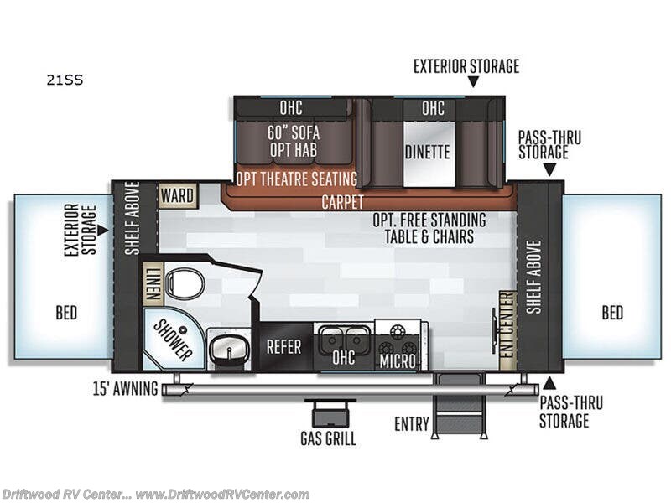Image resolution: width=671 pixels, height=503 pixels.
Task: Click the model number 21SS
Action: [x=65, y=81]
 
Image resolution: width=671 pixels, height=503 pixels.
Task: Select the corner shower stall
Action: [x=168, y=338]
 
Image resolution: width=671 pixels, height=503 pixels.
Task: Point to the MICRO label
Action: [x=397, y=361]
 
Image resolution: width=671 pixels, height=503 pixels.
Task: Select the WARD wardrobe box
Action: [x=177, y=196]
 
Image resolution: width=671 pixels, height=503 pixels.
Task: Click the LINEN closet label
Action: [x=153, y=283]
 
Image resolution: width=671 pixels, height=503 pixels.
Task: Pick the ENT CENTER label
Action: [x=506, y=329]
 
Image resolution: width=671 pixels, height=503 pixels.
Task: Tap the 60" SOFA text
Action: [x=294, y=132]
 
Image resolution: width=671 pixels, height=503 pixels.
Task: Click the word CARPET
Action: [x=342, y=202]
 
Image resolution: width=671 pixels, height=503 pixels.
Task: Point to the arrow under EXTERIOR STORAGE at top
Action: [x=473, y=82]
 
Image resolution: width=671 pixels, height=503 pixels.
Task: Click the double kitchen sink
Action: [x=344, y=339]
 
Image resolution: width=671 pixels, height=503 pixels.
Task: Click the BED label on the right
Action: [x=612, y=313]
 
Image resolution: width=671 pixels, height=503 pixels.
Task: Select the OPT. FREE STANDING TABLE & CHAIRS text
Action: [x=429, y=229]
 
